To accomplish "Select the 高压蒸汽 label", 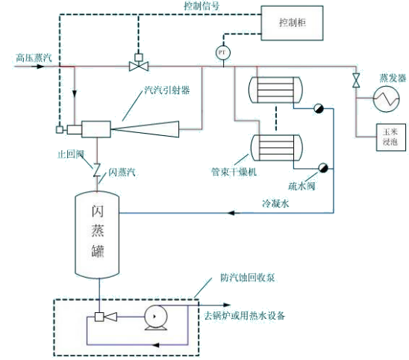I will pyautogui.click(x=31, y=57).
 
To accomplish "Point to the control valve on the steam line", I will pyautogui.click(x=137, y=66).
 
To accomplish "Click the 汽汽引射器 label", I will pyautogui.click(x=166, y=90).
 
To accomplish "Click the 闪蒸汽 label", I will pyautogui.click(x=122, y=172).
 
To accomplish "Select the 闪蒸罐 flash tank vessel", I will pyautogui.click(x=97, y=232).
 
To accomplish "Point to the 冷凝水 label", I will pyautogui.click(x=273, y=202).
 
